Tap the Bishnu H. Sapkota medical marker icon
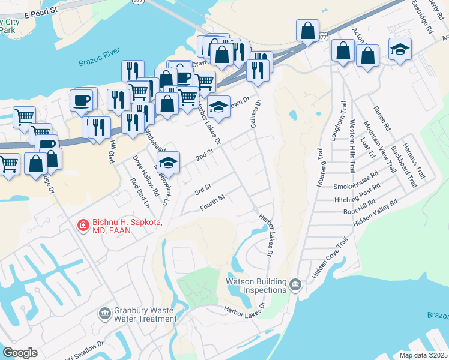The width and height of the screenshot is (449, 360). pos(83,226)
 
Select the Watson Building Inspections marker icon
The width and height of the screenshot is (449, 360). pos(294,284)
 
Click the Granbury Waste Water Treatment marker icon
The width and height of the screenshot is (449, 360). pos(105,312)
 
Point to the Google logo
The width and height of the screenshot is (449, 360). pos(20,353)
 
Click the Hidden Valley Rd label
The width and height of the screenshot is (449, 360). pos(376,213)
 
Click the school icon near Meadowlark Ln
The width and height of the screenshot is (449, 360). pos(169,162)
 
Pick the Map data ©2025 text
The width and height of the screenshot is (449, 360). pos(423,355)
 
